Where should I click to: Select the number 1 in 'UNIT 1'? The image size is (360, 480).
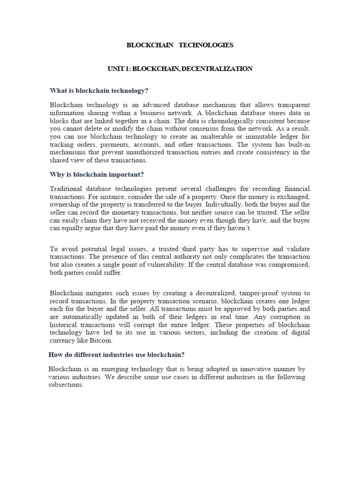click(127, 69)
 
